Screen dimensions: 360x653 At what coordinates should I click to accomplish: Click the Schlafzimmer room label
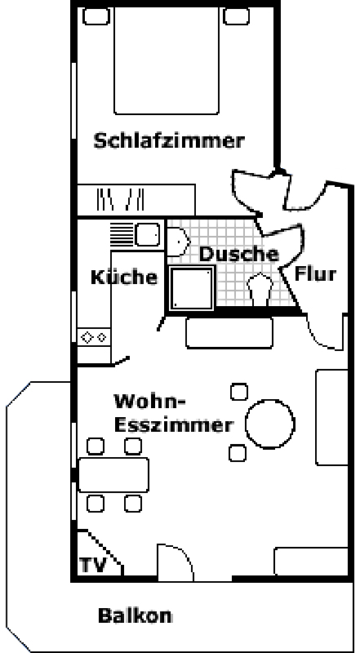point(169,140)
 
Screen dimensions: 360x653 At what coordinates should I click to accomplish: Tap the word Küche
point(124,277)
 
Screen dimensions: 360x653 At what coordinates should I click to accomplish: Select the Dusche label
point(238,254)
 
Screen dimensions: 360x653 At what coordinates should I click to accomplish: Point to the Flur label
point(315,274)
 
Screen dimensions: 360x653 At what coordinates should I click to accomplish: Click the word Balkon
point(135,615)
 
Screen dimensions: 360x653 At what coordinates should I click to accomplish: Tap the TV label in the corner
point(93,565)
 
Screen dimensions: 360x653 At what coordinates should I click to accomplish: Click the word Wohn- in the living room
point(149,402)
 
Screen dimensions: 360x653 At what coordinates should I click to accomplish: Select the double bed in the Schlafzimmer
point(167,60)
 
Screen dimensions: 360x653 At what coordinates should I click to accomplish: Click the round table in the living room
point(270,424)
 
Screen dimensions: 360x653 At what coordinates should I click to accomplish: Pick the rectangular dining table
point(113,475)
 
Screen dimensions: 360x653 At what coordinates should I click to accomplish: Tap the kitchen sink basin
point(147,234)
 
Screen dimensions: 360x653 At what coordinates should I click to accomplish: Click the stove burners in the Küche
point(94,336)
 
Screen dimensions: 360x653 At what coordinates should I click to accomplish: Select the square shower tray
point(192,288)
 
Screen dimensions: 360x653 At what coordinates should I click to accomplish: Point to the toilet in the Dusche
point(260,289)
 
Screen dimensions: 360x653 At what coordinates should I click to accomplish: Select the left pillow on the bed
point(96,16)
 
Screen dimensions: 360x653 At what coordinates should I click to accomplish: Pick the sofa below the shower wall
point(229,333)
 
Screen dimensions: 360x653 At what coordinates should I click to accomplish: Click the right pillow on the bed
point(236,16)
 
